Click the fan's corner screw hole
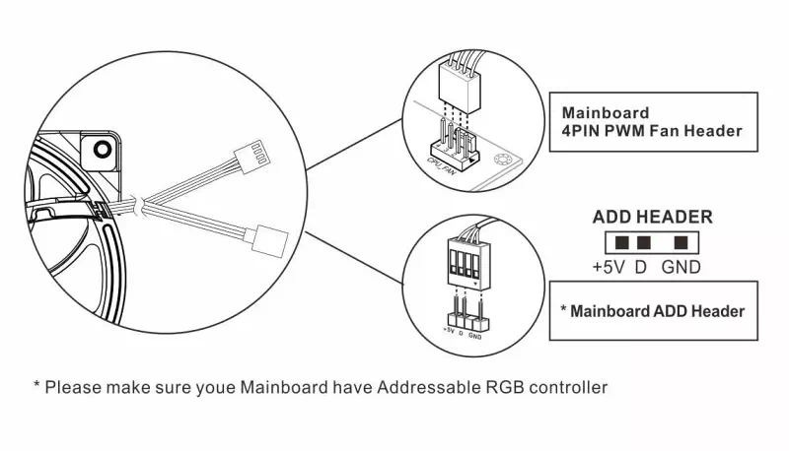[x=100, y=150]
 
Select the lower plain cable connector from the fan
[x=269, y=237]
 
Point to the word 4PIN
[x=582, y=131]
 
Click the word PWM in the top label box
[x=633, y=131]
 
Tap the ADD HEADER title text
[x=652, y=218]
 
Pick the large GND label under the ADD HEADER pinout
[x=681, y=267]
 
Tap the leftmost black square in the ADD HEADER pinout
[x=621, y=242]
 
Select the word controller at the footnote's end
[x=560, y=387]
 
